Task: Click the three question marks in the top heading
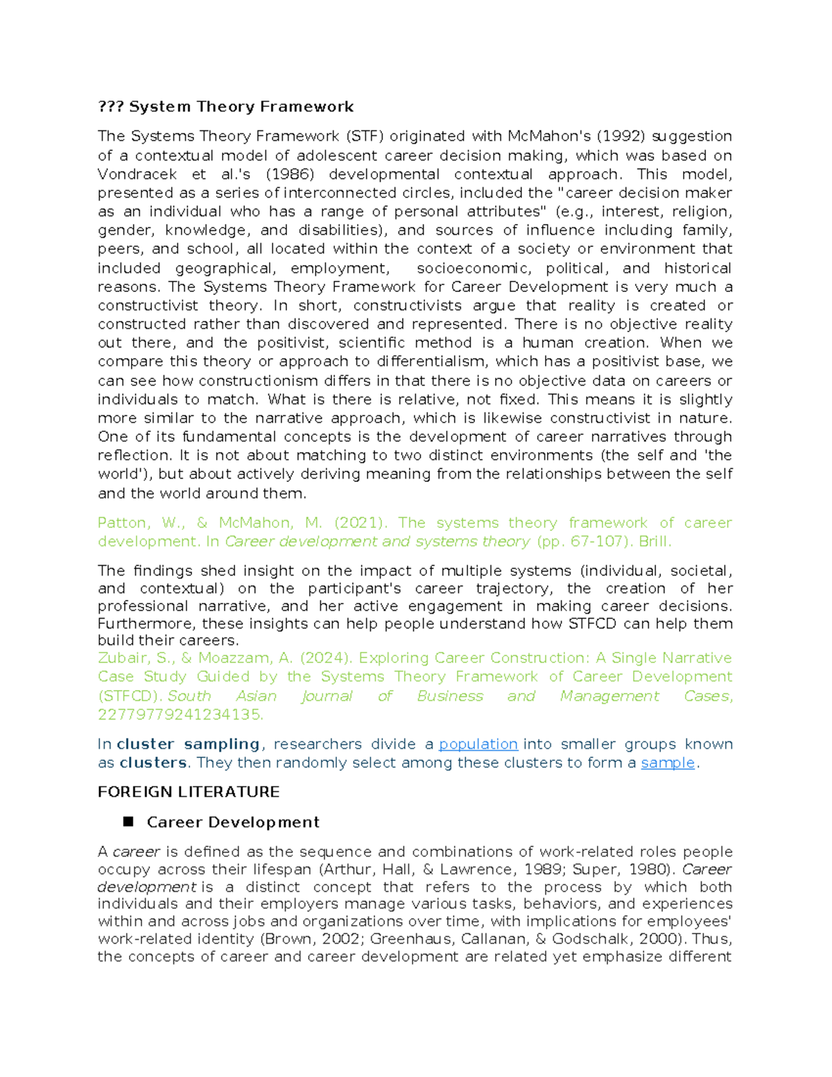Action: point(110,107)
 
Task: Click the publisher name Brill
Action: point(655,542)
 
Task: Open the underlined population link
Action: point(478,744)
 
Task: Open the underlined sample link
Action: point(668,763)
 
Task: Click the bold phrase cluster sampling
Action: point(189,744)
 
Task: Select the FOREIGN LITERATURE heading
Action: point(189,792)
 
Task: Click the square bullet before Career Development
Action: point(128,822)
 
